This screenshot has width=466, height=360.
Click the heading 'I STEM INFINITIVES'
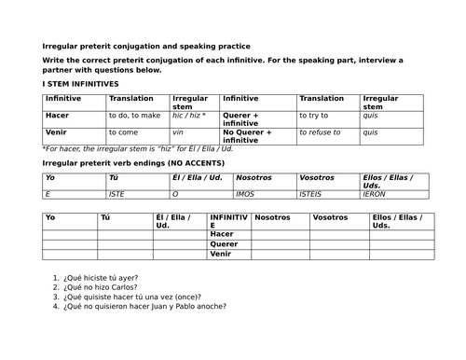[x=81, y=84]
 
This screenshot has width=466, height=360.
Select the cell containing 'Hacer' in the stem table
[x=58, y=116]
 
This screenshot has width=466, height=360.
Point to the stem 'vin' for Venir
[x=179, y=132]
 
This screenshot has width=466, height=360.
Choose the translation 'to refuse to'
[x=322, y=132]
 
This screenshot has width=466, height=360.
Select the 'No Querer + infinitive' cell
[x=248, y=136]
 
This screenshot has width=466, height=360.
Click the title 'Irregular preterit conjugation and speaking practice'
[x=146, y=47]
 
